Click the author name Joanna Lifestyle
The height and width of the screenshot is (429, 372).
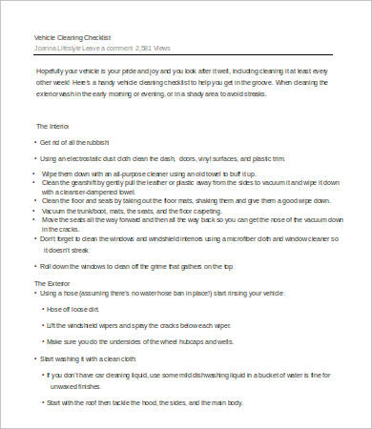click(56, 46)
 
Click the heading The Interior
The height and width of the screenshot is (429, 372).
click(53, 126)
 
